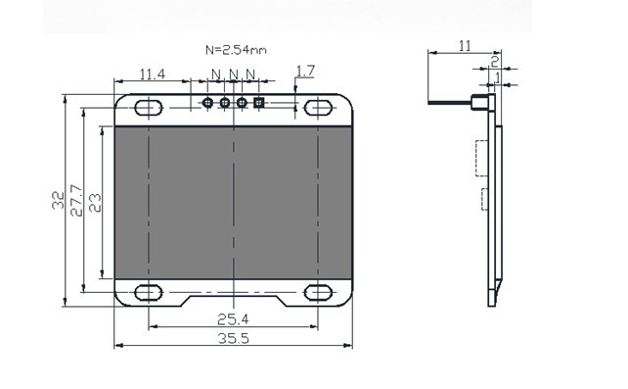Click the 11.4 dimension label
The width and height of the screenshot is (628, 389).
[x=152, y=73]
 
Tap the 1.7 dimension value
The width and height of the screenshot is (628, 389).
[x=304, y=72]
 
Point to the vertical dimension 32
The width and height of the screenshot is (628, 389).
[x=58, y=201]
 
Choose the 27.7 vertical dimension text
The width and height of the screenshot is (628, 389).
[x=75, y=201]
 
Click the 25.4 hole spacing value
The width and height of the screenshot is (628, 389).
[x=233, y=318]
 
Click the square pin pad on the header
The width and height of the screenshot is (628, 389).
[x=259, y=102]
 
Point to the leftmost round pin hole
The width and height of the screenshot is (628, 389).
[x=207, y=102]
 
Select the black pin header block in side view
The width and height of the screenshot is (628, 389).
[x=480, y=102]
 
